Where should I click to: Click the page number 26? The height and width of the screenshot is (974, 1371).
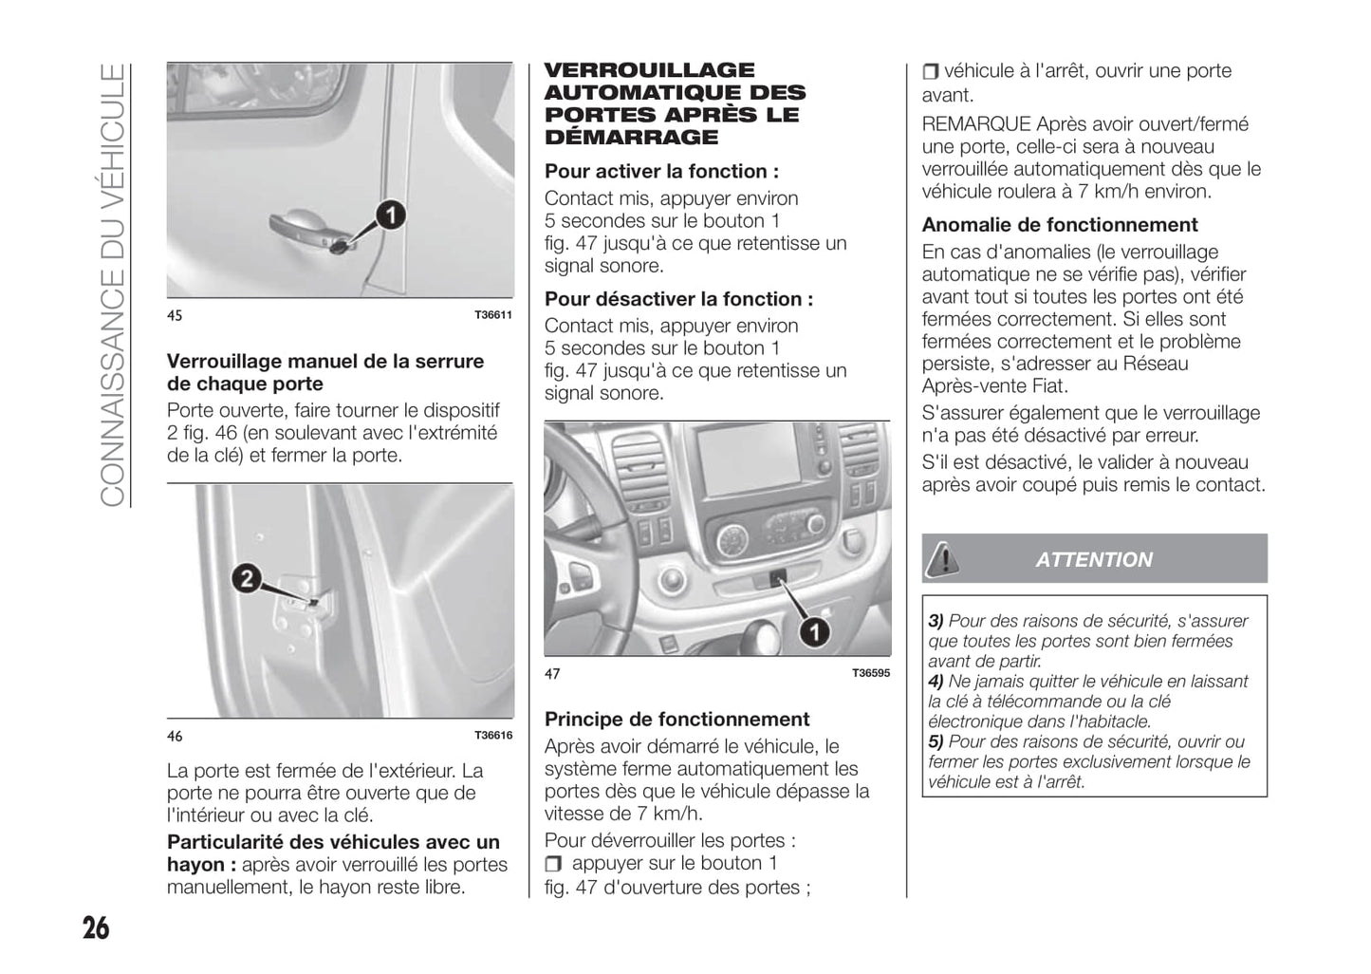coord(96,927)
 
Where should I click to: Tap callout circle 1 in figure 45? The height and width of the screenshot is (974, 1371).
coord(389,215)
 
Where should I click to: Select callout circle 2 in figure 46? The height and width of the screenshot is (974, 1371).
coord(246,577)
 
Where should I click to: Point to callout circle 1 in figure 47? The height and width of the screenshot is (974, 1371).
coord(813,632)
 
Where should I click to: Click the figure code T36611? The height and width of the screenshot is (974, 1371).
coord(493,315)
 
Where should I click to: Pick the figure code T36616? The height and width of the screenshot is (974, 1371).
coord(493,736)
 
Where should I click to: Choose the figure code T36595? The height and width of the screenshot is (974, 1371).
coord(871,673)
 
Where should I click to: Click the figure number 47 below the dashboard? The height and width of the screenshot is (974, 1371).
coord(552,674)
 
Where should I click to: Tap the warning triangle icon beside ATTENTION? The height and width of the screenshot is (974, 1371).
coord(942,558)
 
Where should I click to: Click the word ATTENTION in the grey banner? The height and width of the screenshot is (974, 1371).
coord(1094,560)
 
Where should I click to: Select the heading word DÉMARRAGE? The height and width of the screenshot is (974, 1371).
coord(631,138)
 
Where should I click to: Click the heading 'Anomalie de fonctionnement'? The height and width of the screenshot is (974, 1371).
coord(1060,225)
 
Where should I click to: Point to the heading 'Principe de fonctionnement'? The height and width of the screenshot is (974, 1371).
coord(676,720)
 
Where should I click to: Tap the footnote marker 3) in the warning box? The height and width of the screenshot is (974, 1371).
coord(936,621)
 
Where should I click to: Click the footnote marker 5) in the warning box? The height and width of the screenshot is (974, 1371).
coord(936,741)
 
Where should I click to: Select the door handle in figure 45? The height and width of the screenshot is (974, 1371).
coord(304,228)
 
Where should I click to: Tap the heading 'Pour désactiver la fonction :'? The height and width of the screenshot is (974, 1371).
coord(678,299)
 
